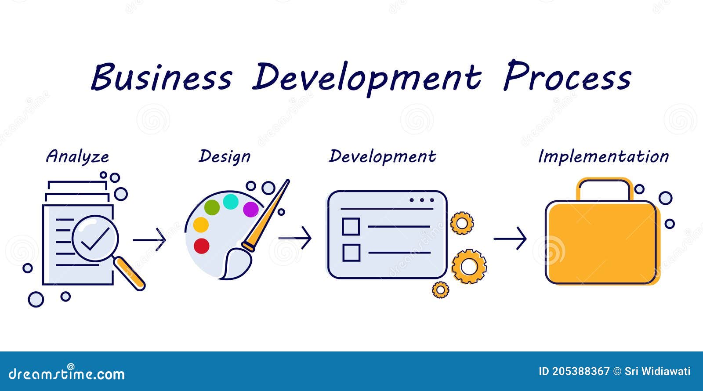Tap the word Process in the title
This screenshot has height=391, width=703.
click(567, 76)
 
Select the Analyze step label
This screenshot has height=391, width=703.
click(77, 157)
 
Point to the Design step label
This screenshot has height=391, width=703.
click(225, 157)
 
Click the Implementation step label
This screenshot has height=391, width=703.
click(603, 157)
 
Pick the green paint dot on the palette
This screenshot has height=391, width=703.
click(212, 207)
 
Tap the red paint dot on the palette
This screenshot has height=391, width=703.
click(202, 246)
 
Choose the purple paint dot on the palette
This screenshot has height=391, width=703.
click(251, 209)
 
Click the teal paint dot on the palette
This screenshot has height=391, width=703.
click(231, 202)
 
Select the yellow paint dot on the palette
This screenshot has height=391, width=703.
click(201, 224)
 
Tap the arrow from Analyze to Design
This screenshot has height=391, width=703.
click(149, 240)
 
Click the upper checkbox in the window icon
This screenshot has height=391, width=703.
click(351, 227)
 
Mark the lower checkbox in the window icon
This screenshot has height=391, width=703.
click(351, 253)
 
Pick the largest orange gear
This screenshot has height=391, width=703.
click(469, 266)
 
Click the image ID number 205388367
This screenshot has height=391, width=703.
click(580, 371)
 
